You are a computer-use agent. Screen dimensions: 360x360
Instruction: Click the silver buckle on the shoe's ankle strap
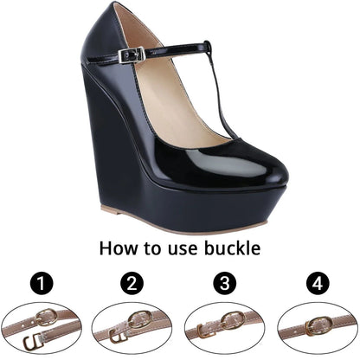coord(132,55)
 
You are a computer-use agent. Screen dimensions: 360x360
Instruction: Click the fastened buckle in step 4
coord(318,327)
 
